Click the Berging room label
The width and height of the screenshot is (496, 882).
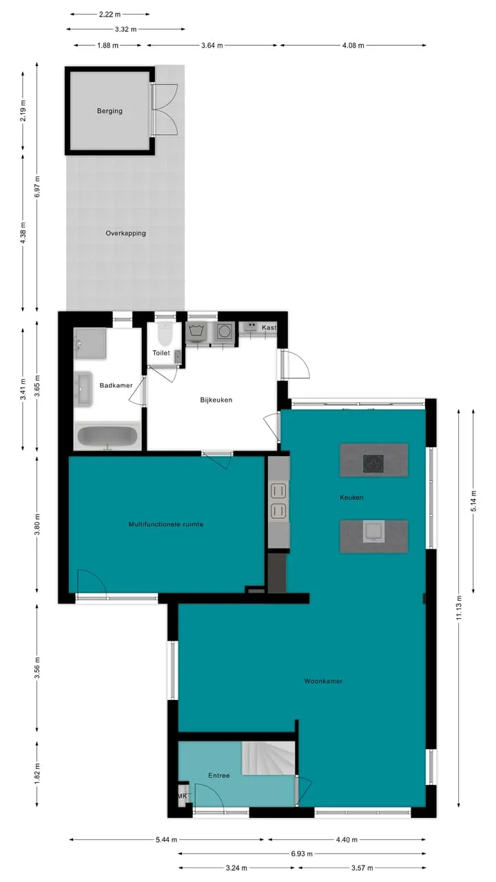[110, 111]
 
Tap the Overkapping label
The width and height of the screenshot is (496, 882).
[125, 233]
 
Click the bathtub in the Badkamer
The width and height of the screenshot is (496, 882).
[107, 436]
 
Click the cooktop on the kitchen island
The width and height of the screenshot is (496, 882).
[373, 464]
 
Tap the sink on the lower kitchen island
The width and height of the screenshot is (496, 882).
[373, 531]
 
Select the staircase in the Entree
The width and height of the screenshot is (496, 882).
[268, 758]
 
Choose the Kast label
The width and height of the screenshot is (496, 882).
[269, 327]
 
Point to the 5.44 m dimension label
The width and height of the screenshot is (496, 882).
[166, 839]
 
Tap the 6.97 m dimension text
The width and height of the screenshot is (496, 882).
[37, 187]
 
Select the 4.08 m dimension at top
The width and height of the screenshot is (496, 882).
[353, 45]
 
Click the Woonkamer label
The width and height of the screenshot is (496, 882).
[323, 681]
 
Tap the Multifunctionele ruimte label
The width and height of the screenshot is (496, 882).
[166, 524]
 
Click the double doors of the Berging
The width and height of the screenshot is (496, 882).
[165, 110]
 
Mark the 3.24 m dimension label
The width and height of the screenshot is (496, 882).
[236, 868]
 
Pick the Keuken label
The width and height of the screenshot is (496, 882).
[351, 498]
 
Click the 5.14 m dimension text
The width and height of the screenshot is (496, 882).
[473, 501]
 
